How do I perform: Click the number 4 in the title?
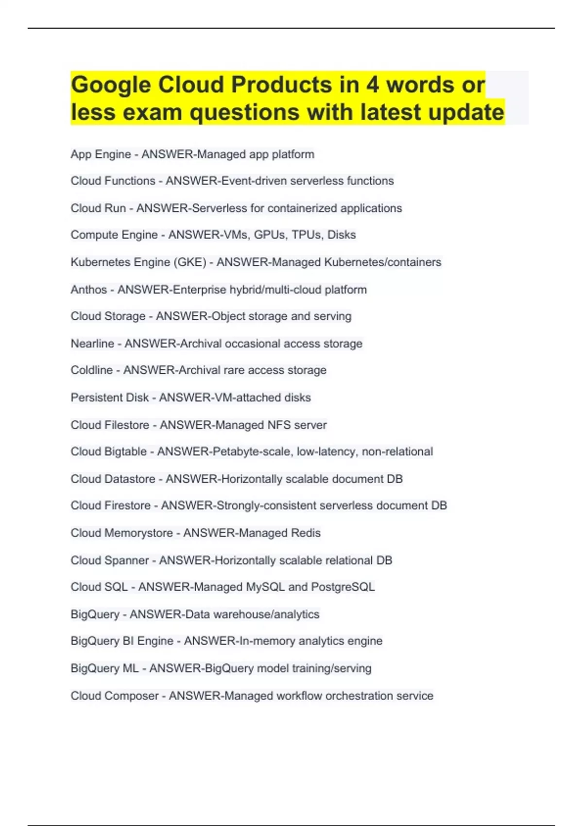(373, 85)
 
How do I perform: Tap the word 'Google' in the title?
(111, 85)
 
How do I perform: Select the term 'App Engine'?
(101, 155)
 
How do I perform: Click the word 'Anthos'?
(88, 290)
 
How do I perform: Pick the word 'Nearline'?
(92, 344)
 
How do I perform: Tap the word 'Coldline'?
(91, 370)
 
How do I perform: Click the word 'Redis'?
(306, 533)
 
